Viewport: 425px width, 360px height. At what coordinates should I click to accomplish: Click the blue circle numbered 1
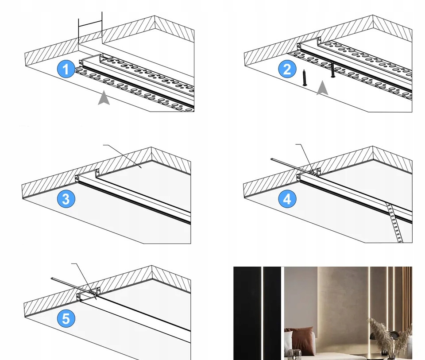66,70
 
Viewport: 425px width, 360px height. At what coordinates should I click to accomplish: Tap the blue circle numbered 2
287,70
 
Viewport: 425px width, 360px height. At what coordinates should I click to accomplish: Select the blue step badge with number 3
66,199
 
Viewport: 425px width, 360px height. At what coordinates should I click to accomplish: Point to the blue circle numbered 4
287,199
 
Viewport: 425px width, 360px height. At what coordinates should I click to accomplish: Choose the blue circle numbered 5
66,319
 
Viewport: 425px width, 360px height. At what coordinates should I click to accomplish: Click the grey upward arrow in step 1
104,98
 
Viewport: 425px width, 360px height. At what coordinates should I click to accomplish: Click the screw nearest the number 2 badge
305,77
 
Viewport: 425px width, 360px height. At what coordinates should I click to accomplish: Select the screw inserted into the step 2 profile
332,70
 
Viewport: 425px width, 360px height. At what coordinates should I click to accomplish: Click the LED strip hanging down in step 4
394,223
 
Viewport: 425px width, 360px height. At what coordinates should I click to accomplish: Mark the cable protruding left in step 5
66,283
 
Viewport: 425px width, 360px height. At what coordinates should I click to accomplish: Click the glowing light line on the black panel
263,310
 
